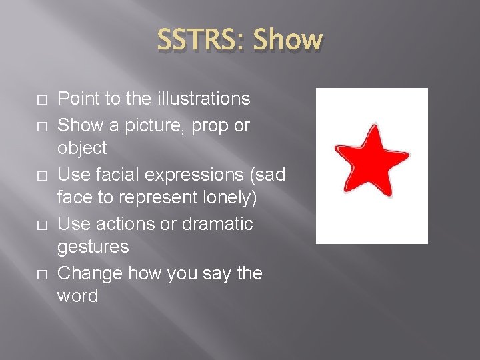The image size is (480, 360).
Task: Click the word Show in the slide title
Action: pyautogui.click(x=287, y=40)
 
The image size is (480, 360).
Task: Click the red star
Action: pyautogui.click(x=371, y=161)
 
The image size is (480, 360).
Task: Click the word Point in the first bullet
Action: pyautogui.click(x=78, y=99)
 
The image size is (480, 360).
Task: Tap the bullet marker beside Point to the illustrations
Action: pyautogui.click(x=41, y=99)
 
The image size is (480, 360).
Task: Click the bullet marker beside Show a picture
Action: pyautogui.click(x=41, y=125)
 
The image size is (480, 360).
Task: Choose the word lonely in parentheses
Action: pyautogui.click(x=223, y=199)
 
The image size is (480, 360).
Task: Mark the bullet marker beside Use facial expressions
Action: pyautogui.click(x=41, y=175)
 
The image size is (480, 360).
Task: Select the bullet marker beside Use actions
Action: pyautogui.click(x=41, y=225)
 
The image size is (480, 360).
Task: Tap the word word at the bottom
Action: pyautogui.click(x=78, y=296)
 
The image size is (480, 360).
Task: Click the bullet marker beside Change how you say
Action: pyautogui.click(x=41, y=275)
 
